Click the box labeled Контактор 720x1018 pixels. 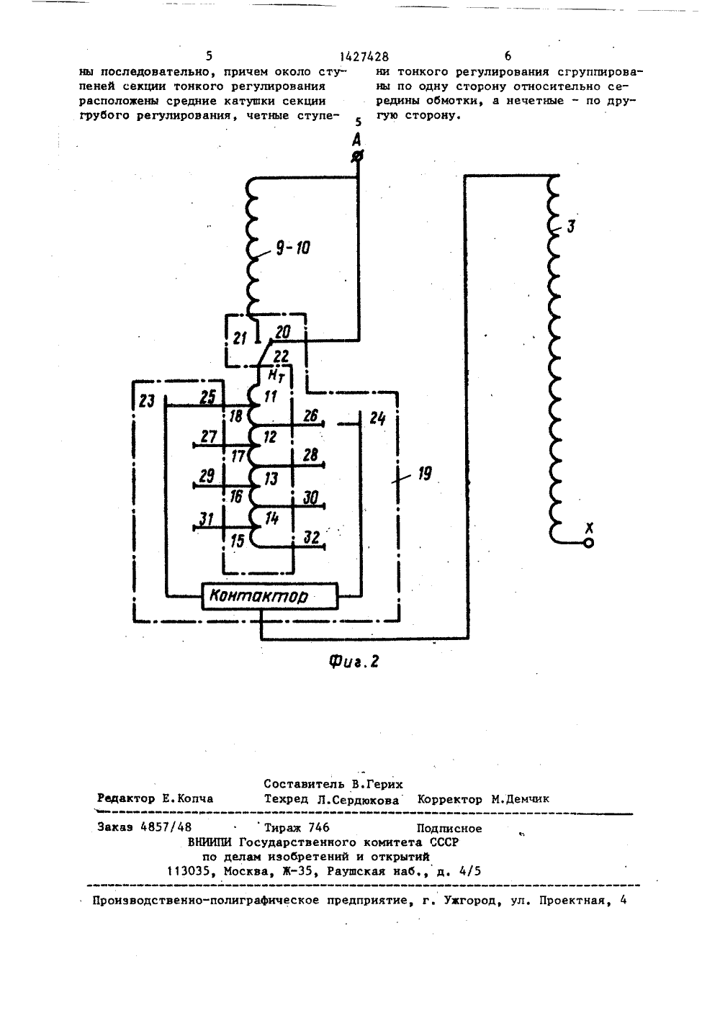270,596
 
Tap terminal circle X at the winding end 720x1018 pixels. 588,543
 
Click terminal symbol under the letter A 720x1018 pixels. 357,157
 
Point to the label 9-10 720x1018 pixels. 293,248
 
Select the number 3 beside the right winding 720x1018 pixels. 571,226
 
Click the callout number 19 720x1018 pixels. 425,474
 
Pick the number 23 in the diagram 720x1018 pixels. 146,401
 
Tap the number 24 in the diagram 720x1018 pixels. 377,418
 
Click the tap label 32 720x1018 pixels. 311,538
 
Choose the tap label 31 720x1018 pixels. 207,518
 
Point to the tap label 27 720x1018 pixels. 209,436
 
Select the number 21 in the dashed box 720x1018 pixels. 240,338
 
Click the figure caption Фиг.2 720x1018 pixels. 354,662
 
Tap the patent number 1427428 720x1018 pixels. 364,57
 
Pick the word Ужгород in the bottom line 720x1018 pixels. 472,900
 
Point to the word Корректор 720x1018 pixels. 449,798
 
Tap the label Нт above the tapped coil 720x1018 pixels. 276,375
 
